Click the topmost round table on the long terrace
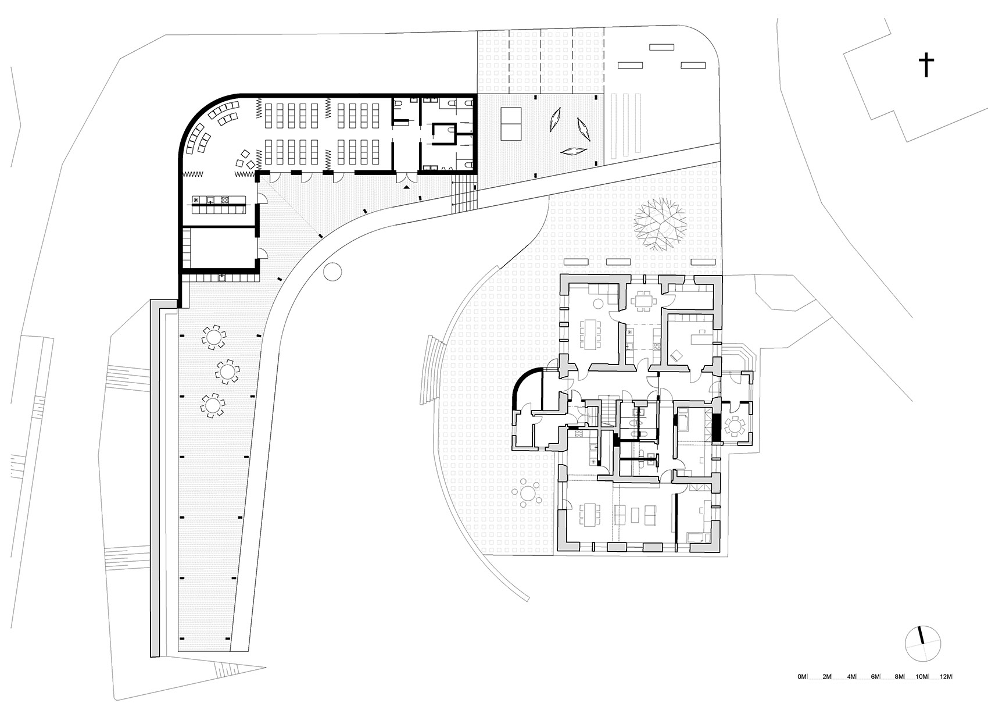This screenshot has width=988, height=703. pos(214,337)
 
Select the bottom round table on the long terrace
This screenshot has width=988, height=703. pos(213,405)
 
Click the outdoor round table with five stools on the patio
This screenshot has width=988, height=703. pos(528,494)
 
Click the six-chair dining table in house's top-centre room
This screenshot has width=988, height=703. pos(644,301)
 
